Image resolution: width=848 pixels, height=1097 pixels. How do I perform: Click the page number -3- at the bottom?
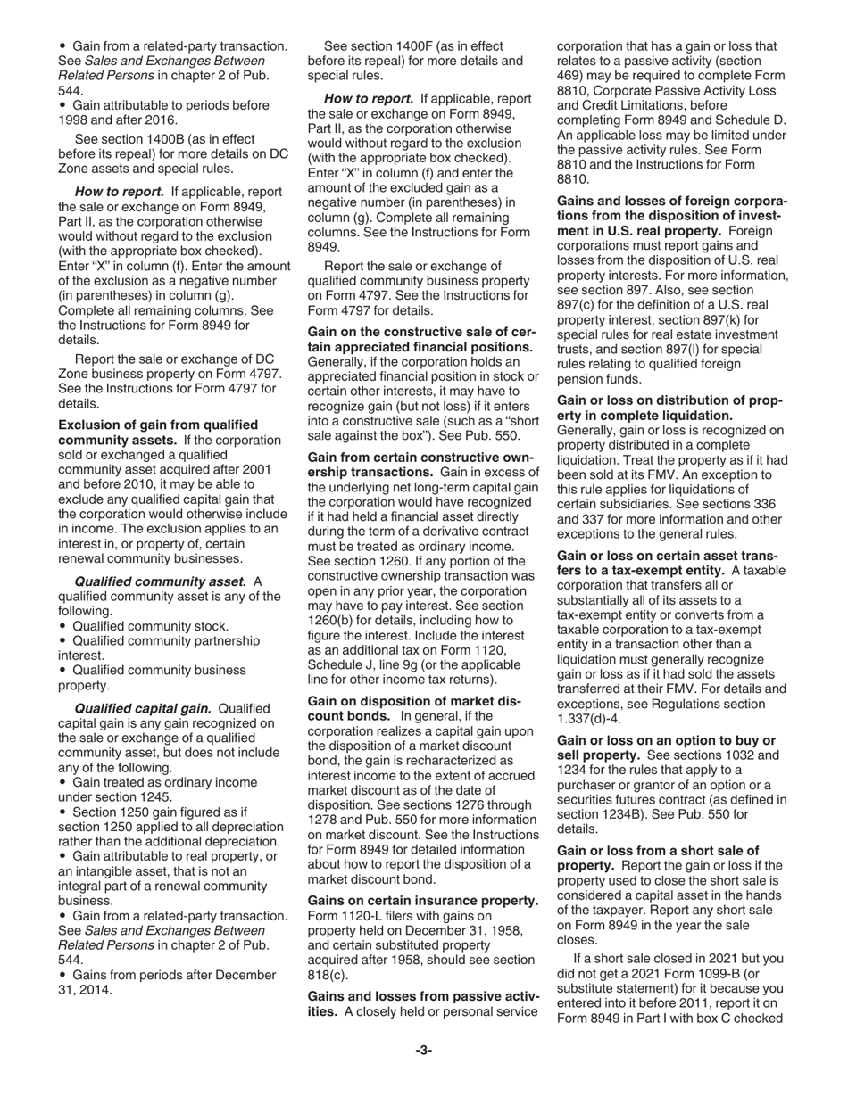[x=423, y=1050]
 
